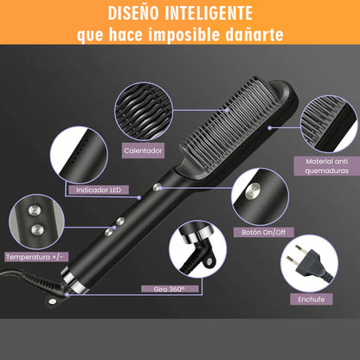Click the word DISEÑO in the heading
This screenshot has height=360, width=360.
[133, 13]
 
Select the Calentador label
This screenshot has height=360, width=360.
[143, 151]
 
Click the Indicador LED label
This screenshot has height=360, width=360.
[99, 190]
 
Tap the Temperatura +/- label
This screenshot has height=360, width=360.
[36, 257]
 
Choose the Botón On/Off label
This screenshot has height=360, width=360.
[264, 232]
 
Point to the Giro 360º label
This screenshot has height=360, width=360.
[170, 289]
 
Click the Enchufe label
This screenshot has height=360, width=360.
[312, 299]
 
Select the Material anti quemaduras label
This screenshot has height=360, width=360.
[327, 166]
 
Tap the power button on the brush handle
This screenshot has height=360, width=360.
[157, 187]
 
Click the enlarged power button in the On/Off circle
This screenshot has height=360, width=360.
[253, 190]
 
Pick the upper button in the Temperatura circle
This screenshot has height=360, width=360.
[34, 210]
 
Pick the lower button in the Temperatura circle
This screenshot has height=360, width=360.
[37, 229]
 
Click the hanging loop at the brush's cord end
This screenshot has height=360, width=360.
[52, 301]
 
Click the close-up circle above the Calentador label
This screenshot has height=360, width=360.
[144, 112]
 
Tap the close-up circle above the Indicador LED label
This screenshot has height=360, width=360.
[79, 154]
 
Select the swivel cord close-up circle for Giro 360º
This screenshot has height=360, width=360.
[198, 249]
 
